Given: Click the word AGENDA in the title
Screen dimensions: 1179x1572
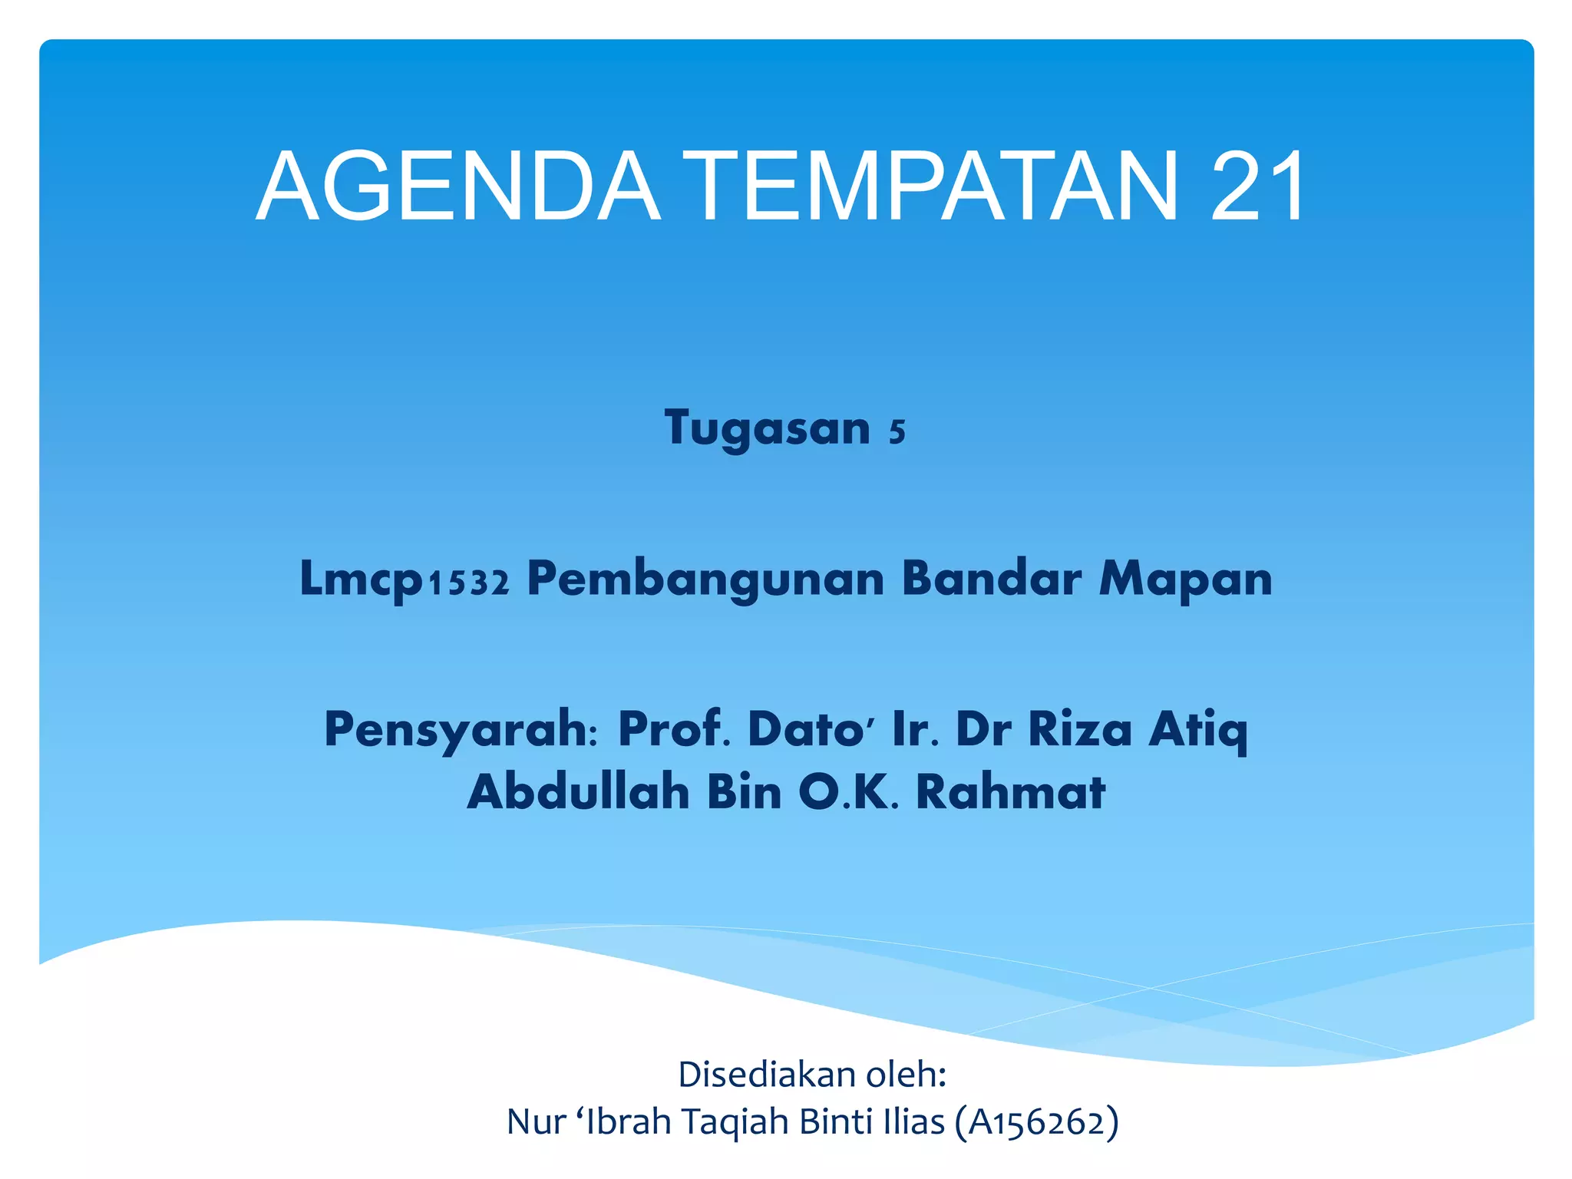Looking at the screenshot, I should coord(458,187).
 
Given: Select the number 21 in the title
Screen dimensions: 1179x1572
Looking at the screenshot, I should coord(1257,187).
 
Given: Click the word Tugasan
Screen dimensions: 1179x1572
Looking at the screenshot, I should coord(768,428).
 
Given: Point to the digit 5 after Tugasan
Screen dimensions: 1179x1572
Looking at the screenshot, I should coord(897,432).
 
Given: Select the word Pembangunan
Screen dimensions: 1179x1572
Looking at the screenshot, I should coord(705,580).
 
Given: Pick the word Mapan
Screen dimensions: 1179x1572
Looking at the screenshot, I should coord(1186,580).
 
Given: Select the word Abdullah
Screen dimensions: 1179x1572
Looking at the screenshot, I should coord(578,791).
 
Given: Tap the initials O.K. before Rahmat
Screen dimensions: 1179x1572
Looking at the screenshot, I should coord(847,791).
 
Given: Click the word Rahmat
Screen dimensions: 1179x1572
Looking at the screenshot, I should coord(1010,791).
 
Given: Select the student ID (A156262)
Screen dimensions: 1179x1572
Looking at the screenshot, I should coord(1036,1122).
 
